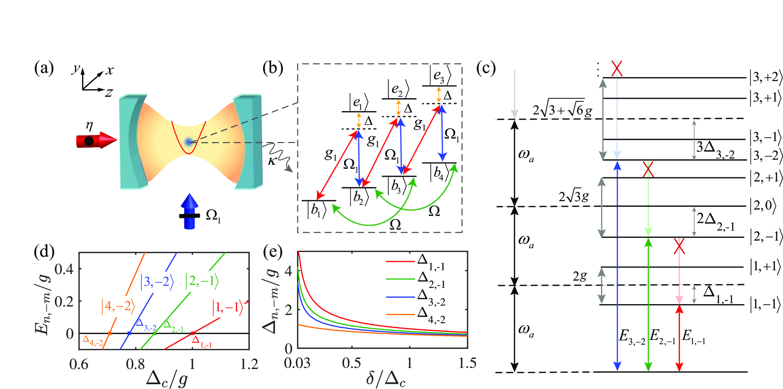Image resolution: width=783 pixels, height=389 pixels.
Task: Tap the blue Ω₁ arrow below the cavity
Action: click(x=190, y=212)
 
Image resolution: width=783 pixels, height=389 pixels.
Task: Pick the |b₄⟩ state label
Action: click(x=439, y=173)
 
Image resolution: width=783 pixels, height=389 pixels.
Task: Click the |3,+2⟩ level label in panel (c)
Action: click(x=765, y=77)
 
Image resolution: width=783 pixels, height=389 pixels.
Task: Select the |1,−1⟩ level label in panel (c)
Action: click(x=765, y=304)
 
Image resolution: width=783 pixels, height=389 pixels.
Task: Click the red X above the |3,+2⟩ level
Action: click(x=617, y=68)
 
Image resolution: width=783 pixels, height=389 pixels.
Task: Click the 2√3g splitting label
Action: click(x=574, y=196)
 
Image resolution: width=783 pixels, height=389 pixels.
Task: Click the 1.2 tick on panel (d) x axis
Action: click(x=248, y=365)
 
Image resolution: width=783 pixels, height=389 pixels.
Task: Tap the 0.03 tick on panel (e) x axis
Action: click(x=297, y=364)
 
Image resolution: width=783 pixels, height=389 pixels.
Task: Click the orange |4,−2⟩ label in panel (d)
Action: click(x=118, y=306)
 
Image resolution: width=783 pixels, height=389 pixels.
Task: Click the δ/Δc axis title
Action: click(x=386, y=379)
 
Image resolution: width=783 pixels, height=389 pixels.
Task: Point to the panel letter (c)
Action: click(x=486, y=69)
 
